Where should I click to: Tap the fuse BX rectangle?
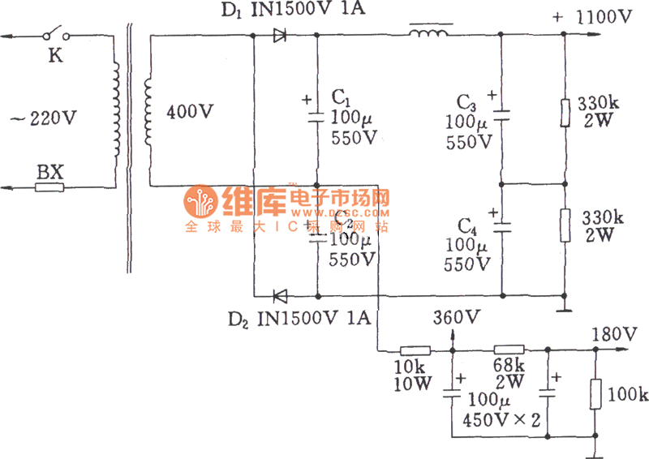tap(49, 187)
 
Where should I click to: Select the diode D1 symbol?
tap(280, 35)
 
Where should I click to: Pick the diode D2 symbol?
tap(281, 296)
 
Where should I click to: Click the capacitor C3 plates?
tap(501, 114)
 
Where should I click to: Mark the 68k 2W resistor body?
tap(509, 350)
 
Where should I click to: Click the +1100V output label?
tap(592, 15)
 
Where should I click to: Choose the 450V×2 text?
tap(503, 419)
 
